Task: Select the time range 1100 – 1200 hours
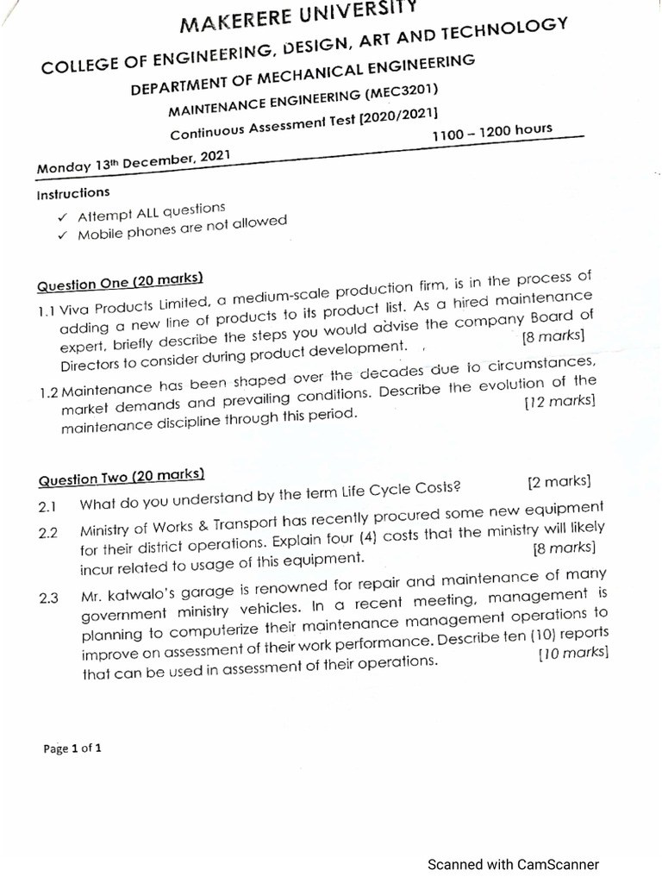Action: point(492,132)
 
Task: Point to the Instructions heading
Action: point(73,193)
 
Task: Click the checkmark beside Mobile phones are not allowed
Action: point(62,235)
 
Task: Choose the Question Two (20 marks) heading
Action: point(121,477)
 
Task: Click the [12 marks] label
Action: point(559,401)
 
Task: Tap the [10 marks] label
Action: point(573,653)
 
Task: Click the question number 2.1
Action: point(47,507)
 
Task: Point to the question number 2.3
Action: point(48,598)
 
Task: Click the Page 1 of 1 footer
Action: point(72,748)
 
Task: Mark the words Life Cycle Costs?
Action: point(397,489)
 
